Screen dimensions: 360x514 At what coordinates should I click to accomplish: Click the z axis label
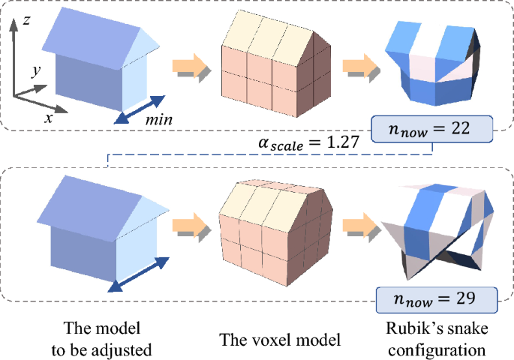[x=26, y=20]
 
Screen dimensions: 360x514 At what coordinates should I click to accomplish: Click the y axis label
[x=35, y=71]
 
